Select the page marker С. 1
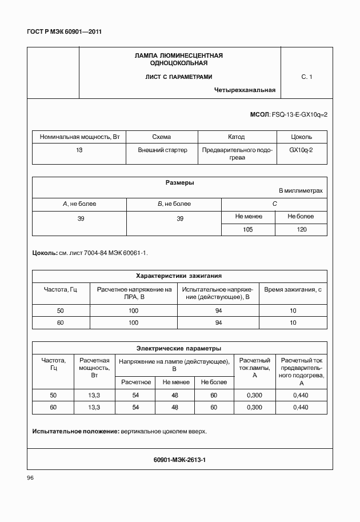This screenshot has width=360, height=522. [306, 77]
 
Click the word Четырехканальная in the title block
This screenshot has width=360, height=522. [245, 90]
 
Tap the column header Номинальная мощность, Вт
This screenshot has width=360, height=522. [79, 137]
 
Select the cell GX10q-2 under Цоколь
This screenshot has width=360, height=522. [301, 150]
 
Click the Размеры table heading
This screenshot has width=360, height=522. [179, 183]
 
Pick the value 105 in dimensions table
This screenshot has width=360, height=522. [247, 229]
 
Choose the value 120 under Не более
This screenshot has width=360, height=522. [301, 229]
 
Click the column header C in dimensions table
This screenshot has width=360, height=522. [274, 204]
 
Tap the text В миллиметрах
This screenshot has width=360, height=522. [300, 190]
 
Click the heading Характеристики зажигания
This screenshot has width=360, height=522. [179, 275]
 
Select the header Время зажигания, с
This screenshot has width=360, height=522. [293, 289]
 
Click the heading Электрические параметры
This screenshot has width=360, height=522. [179, 348]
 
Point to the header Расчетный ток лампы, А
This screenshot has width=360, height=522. [254, 368]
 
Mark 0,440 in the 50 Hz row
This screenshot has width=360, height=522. [301, 395]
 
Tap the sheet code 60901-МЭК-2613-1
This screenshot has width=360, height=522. [179, 459]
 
